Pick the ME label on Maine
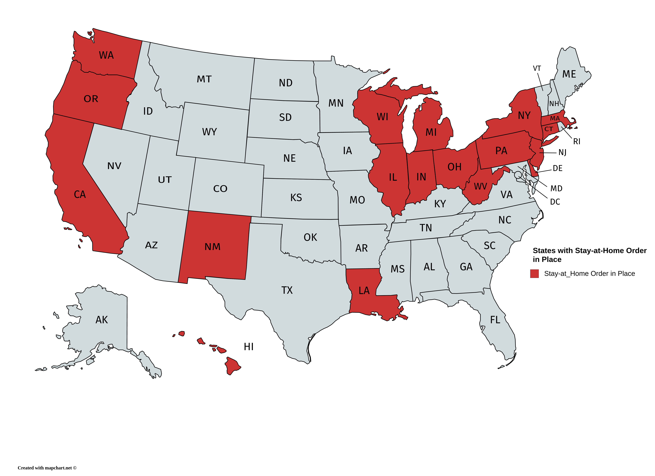[x=569, y=74]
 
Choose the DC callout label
[x=555, y=202]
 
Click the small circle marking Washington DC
[x=518, y=174]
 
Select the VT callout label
[x=537, y=68]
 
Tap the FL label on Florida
[x=495, y=320]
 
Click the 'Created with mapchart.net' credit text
[x=47, y=468]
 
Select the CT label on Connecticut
[x=548, y=129]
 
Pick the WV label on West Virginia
[x=480, y=187]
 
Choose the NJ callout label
[x=562, y=152]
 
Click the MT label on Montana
[x=204, y=79]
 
